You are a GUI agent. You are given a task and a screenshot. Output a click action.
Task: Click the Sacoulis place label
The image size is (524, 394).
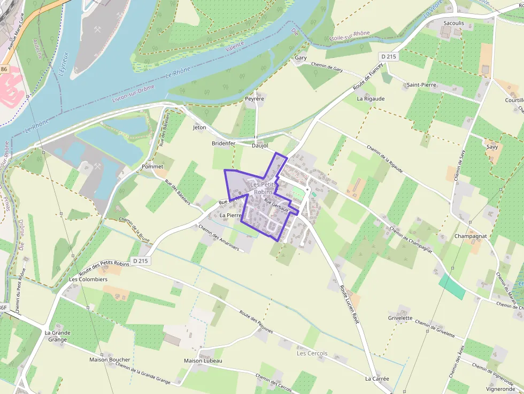pyautogui.click(x=453, y=23)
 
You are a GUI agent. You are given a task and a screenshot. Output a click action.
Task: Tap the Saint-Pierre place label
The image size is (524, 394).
pyautogui.click(x=421, y=85)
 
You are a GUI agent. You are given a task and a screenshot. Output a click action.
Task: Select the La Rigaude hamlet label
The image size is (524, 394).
pyautogui.click(x=371, y=99)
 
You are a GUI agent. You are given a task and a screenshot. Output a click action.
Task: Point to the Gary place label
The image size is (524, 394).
pyautogui.click(x=300, y=58)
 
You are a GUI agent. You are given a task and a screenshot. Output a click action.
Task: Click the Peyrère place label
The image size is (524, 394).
pyautogui.click(x=255, y=99)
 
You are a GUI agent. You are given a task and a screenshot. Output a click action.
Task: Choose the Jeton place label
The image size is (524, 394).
pyautogui.click(x=199, y=128)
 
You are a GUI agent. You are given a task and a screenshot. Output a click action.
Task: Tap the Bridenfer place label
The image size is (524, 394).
pyautogui.click(x=224, y=144)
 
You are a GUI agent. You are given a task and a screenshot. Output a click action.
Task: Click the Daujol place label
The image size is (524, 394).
pyautogui.click(x=259, y=145)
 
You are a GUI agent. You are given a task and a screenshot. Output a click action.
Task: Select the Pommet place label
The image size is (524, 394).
pyautogui.click(x=152, y=167)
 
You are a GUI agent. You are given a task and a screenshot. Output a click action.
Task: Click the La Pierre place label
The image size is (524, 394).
pyautogui.click(x=232, y=215)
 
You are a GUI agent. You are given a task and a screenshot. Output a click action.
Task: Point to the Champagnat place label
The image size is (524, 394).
pyautogui.click(x=471, y=236)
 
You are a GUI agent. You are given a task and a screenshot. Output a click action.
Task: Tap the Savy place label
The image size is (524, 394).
pyautogui.click(x=492, y=146)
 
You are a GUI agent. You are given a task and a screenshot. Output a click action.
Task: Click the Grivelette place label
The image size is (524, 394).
pyautogui.click(x=400, y=318)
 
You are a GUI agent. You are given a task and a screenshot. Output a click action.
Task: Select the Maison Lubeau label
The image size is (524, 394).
pyautogui.click(x=203, y=361)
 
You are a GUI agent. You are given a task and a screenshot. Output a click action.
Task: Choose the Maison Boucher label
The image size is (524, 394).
pyautogui.click(x=110, y=360)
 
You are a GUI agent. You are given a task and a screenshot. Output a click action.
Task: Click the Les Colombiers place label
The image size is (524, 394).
pyautogui.click(x=88, y=280)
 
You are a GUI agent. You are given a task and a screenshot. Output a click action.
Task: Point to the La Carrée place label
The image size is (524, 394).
pyautogui.click(x=377, y=379)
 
